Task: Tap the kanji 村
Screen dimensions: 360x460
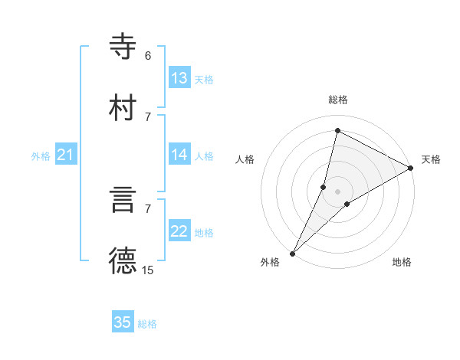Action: pyautogui.click(x=123, y=107)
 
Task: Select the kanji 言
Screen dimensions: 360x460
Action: pyautogui.click(x=123, y=200)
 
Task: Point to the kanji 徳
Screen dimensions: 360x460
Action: pyautogui.click(x=123, y=261)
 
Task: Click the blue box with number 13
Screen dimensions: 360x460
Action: pyautogui.click(x=179, y=78)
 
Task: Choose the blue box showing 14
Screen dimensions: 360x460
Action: pyautogui.click(x=179, y=155)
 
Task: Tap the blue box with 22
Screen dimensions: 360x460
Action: pyautogui.click(x=179, y=231)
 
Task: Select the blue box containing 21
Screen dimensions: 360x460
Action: pyautogui.click(x=66, y=155)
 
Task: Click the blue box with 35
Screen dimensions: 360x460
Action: pyautogui.click(x=123, y=322)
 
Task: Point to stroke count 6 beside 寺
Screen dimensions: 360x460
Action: pyautogui.click(x=148, y=55)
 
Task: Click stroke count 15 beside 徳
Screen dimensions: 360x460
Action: pyautogui.click(x=148, y=270)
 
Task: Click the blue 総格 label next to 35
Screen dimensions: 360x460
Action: pyautogui.click(x=147, y=324)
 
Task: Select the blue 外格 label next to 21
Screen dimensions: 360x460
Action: pyautogui.click(x=41, y=156)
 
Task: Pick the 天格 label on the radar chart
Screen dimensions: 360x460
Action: pyautogui.click(x=431, y=159)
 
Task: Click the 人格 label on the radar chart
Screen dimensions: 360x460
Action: pyautogui.click(x=245, y=159)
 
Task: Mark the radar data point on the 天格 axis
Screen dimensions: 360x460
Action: pyautogui.click(x=411, y=169)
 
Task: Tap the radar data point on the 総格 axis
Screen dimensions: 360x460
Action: pyautogui.click(x=337, y=130)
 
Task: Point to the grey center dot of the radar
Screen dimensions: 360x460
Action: pyautogui.click(x=337, y=191)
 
